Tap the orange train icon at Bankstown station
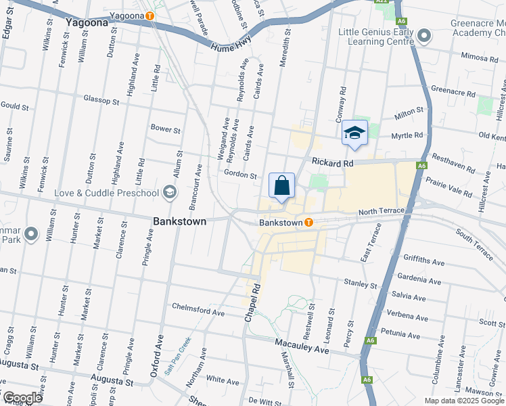(308, 222)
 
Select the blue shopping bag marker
(281, 185)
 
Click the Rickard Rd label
(333, 163)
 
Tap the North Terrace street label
(382, 212)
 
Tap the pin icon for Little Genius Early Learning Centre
(424, 35)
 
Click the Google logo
(22, 398)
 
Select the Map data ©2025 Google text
(464, 401)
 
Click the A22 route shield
(382, 2)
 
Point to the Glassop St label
(101, 99)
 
